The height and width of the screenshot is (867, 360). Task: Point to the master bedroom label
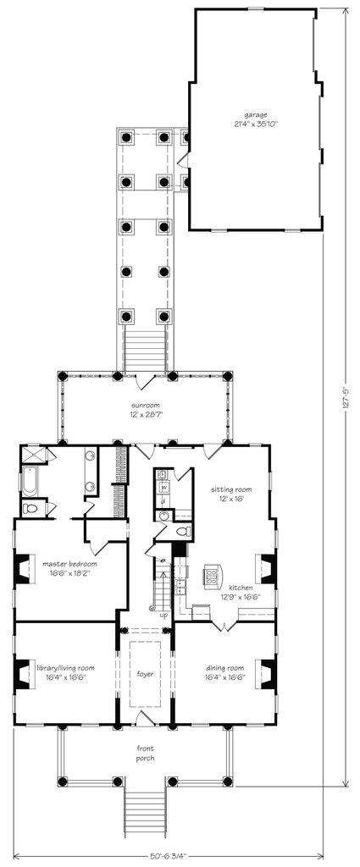pos(66,567)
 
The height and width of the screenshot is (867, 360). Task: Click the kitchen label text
pos(241,591)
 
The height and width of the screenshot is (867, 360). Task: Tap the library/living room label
pos(64,672)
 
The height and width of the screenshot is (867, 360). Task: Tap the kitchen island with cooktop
pos(211,578)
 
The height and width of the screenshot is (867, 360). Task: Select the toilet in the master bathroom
pos(30,509)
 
